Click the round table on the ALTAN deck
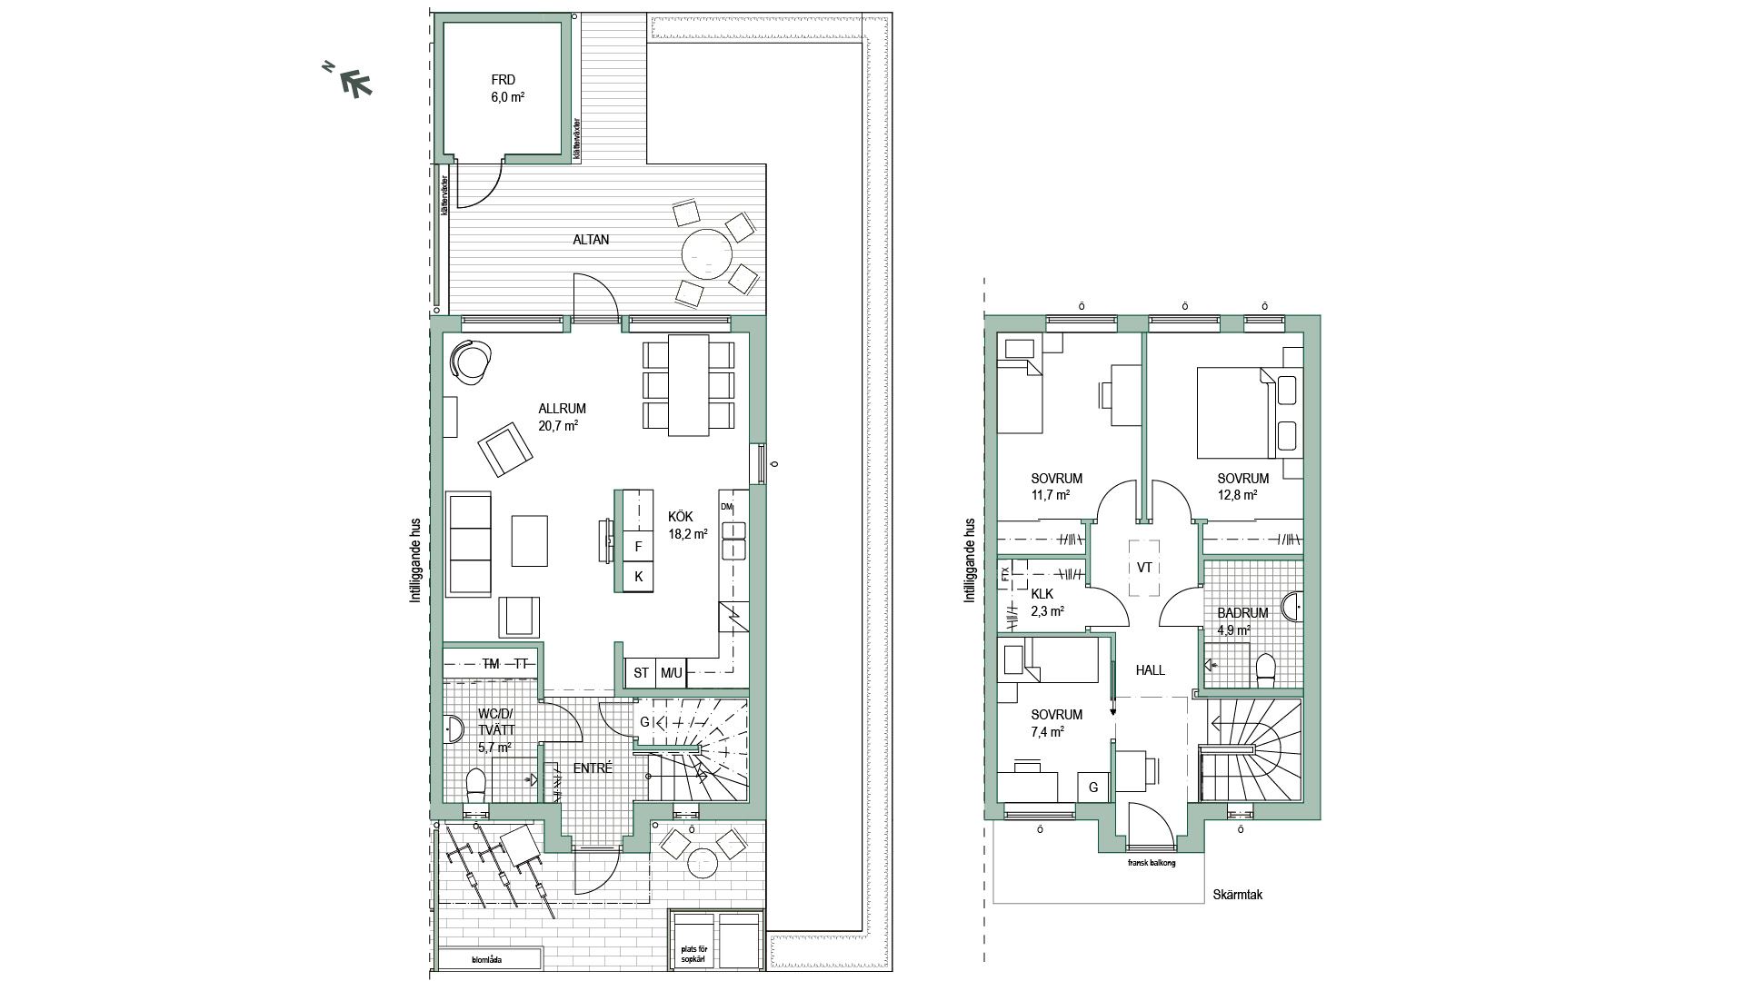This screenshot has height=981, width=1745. (706, 255)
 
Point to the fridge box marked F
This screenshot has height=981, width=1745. (638, 547)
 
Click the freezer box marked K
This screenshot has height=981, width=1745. (638, 576)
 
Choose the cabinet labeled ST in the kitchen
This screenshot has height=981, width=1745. (642, 673)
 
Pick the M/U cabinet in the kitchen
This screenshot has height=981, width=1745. (672, 673)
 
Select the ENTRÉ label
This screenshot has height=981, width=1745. (593, 768)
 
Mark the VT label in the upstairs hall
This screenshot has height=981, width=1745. (1144, 568)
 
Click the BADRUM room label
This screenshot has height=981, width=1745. (1242, 613)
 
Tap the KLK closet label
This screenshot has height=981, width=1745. (1042, 594)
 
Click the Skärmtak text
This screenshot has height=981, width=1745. (1237, 895)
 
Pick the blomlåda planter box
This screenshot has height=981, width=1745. (490, 959)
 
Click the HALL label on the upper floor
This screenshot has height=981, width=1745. (1150, 670)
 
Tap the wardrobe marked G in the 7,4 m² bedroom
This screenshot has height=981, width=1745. (1093, 788)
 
